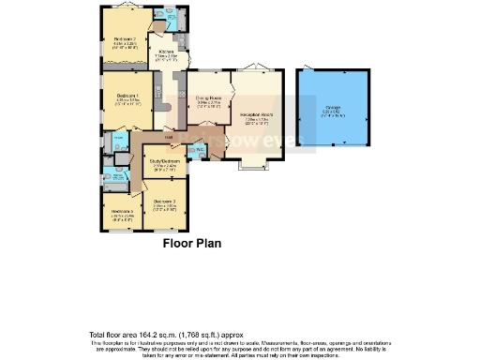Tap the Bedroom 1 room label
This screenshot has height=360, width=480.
tap(127, 97)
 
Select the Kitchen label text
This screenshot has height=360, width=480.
tap(167, 52)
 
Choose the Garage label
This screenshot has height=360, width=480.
tap(333, 109)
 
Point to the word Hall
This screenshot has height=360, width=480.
tap(168, 138)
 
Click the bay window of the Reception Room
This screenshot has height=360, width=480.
tap(253, 167)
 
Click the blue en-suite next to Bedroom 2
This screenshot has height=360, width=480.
tap(168, 19)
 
